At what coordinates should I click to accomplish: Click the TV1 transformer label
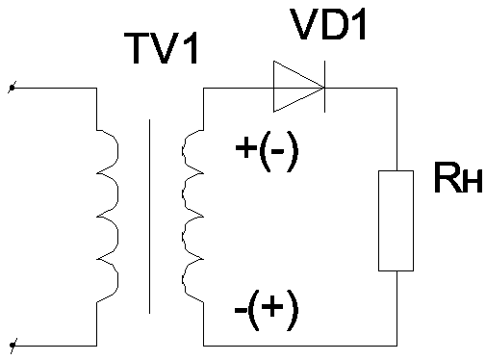tap(162, 49)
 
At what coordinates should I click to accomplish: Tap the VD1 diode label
tap(328, 24)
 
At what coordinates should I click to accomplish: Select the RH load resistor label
tap(458, 177)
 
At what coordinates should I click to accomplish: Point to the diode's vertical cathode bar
tap(324, 87)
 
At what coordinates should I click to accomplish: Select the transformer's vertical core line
tap(149, 217)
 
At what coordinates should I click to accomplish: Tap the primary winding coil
tap(108, 216)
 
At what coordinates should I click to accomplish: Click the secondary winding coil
tap(192, 216)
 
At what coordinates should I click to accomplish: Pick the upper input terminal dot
tap(13, 88)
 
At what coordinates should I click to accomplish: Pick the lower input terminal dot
tap(13, 346)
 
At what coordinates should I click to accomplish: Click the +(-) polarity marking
tap(267, 151)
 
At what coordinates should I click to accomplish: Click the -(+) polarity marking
tap(267, 310)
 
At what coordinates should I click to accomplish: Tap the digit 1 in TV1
tap(191, 49)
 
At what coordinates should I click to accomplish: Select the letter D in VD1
tap(333, 24)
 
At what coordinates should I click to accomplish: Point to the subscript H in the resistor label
tap(473, 182)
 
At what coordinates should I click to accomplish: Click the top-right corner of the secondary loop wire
tap(397, 88)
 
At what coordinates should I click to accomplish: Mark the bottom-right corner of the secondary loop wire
tap(397, 346)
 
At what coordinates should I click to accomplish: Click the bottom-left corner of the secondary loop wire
tap(204, 346)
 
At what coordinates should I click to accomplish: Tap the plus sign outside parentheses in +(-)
tap(246, 148)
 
